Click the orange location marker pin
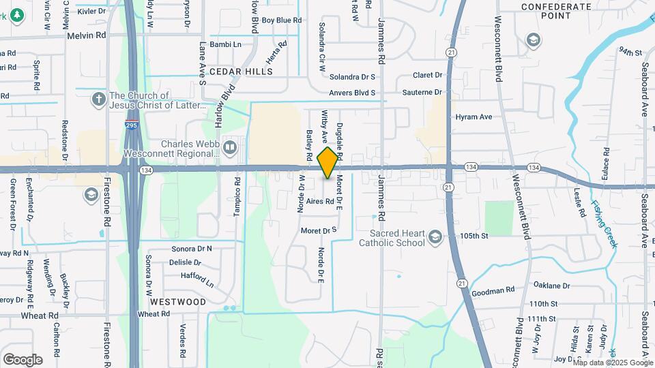pyautogui.click(x=328, y=163)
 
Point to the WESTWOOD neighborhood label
pyautogui.click(x=177, y=301)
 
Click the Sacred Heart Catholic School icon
pyautogui.click(x=435, y=237)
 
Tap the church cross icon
pyautogui.click(x=99, y=100)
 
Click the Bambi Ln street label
pyautogui.click(x=227, y=44)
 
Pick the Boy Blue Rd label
pyautogui.click(x=281, y=20)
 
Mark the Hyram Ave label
pyautogui.click(x=474, y=117)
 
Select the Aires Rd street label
pyautogui.click(x=320, y=202)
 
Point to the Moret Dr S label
pyautogui.click(x=320, y=231)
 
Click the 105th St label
pyautogui.click(x=475, y=236)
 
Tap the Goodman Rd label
pyautogui.click(x=493, y=291)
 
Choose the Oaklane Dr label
pyautogui.click(x=551, y=286)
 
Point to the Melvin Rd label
pyautogui.click(x=86, y=35)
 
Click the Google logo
pyautogui.click(x=23, y=360)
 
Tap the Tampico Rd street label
pyautogui.click(x=237, y=197)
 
